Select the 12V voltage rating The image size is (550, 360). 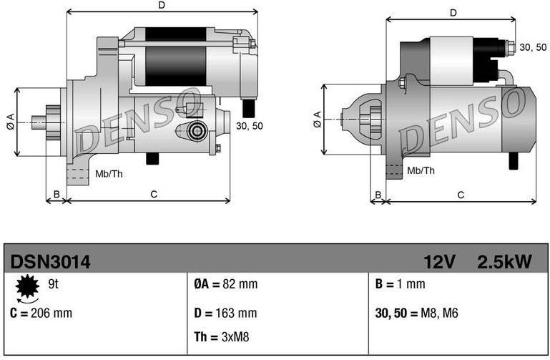[x=438, y=263]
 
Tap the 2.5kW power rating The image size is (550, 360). [x=504, y=263]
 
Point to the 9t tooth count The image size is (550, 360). [x=52, y=284]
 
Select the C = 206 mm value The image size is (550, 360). [x=41, y=313]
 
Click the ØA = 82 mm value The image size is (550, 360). [x=225, y=284]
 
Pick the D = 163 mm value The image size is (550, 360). [x=225, y=313]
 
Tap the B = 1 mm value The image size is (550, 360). [x=400, y=284]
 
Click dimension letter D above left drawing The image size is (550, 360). [x=162, y=6]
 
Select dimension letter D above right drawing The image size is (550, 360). [x=453, y=13]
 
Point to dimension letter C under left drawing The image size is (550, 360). [x=154, y=194]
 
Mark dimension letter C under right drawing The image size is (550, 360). [x=461, y=194]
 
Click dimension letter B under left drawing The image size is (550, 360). [x=57, y=194]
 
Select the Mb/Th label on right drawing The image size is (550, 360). [x=421, y=170]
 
